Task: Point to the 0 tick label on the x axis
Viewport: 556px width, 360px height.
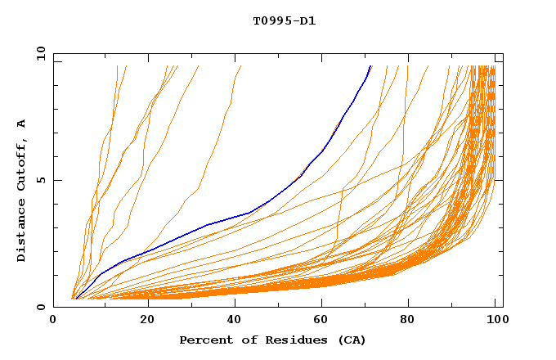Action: pos(53,322)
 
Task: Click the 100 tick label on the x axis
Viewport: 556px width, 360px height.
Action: pos(498,322)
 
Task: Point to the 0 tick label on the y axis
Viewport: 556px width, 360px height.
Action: pos(40,308)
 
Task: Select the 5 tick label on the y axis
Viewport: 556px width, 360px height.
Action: pos(40,181)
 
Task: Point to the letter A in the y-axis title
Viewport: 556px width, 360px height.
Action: pos(21,123)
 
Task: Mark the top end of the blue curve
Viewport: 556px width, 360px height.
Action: pos(370,66)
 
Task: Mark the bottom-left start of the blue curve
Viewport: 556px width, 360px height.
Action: pos(76,298)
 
